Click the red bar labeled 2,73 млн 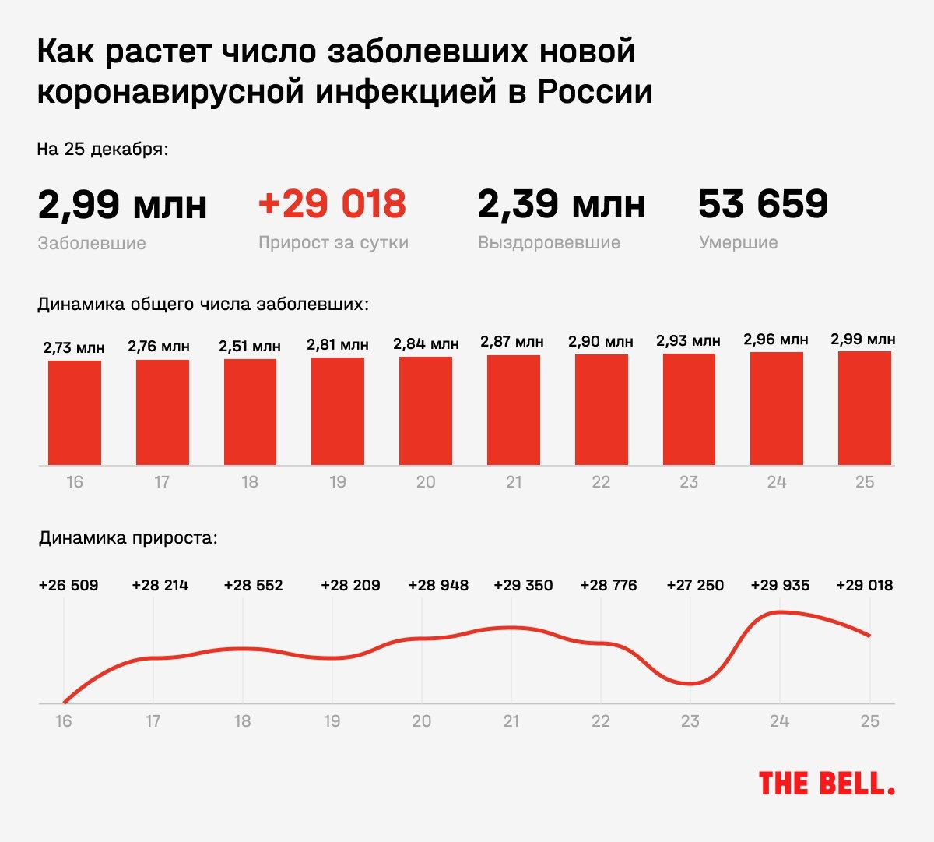point(75,412)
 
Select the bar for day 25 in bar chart point(864,408)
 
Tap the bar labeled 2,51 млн point(250,412)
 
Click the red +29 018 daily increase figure point(332,204)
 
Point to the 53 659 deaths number point(763,204)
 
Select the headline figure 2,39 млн point(561,204)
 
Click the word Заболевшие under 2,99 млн point(92,243)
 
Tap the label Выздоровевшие point(549,242)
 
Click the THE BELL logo point(826,784)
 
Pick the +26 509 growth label point(68,585)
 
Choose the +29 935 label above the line point(780,585)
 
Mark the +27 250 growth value point(695,585)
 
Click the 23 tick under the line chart point(690,721)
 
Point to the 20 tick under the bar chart point(425,482)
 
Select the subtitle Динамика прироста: point(128,537)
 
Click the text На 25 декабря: point(103,149)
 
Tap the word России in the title point(595,92)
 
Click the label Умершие point(738,242)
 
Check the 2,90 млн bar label point(600,342)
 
